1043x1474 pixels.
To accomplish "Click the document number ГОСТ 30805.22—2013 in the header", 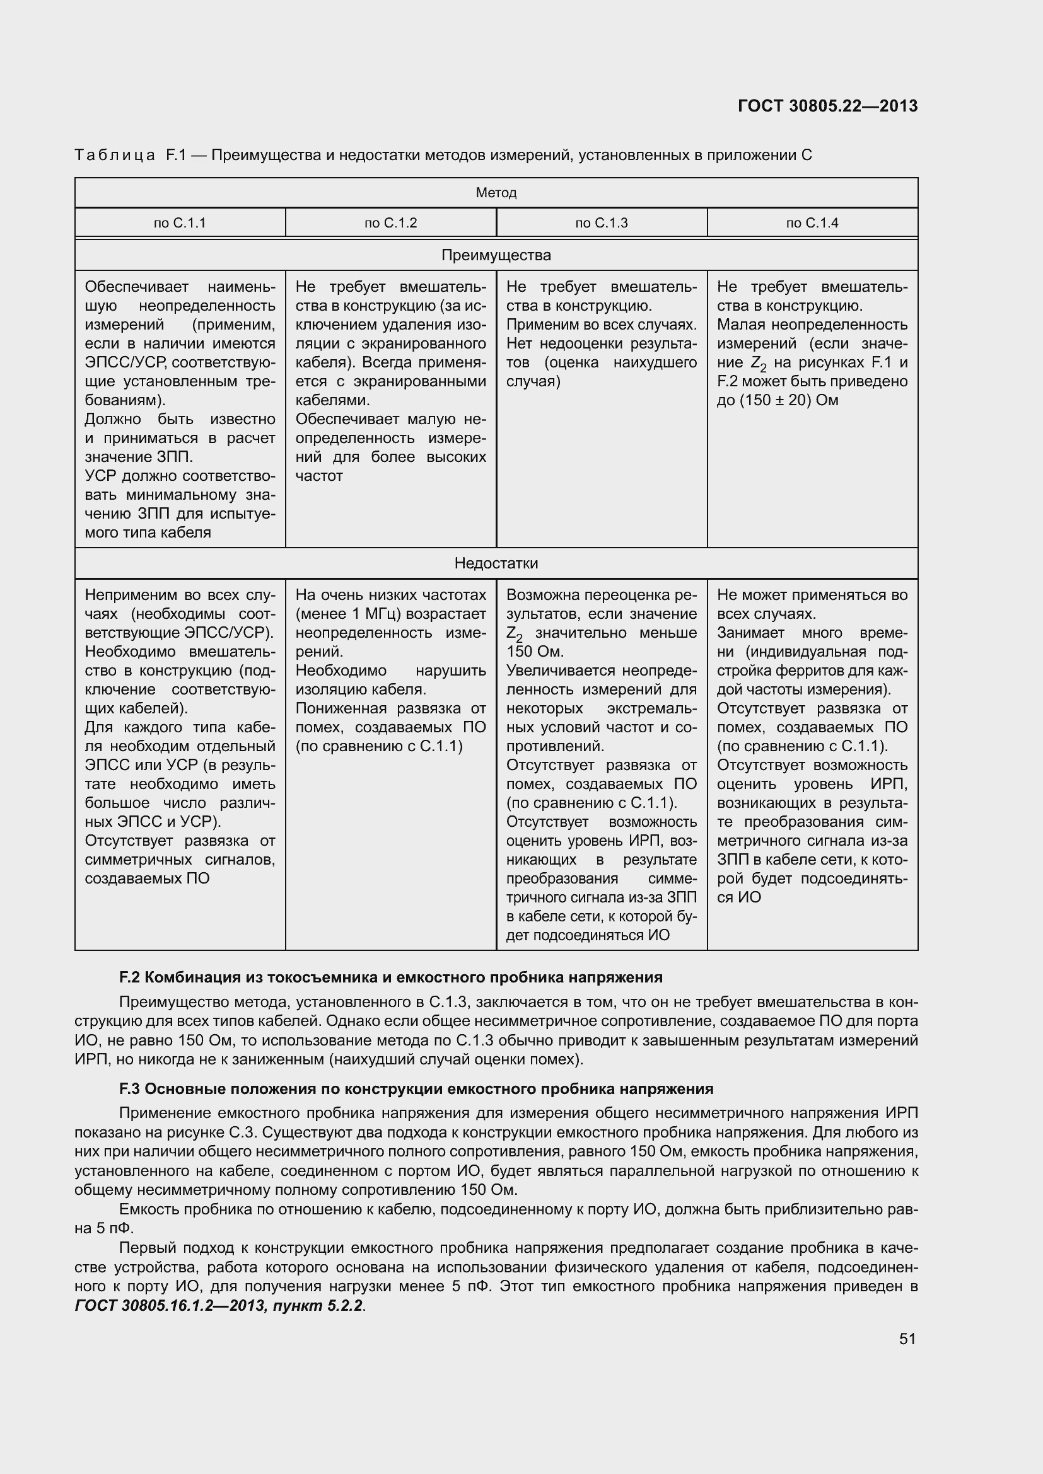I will [827, 106].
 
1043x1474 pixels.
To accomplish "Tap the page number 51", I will [907, 1339].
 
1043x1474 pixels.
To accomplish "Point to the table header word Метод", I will [496, 193].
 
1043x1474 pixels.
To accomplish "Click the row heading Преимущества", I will [496, 255].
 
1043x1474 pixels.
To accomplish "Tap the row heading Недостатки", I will [496, 563].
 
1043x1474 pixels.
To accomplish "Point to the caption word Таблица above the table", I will [114, 155].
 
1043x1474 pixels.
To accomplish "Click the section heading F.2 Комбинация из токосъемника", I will [390, 977].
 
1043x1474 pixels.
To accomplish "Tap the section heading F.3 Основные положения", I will [416, 1089].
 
